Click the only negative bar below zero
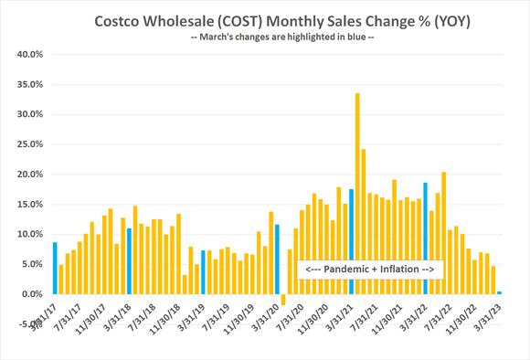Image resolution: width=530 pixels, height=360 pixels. tap(283, 300)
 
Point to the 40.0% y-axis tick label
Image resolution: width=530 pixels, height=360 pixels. tap(31, 54)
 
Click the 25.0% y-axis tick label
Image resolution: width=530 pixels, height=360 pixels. tap(31, 144)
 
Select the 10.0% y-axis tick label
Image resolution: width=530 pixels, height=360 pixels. tap(31, 234)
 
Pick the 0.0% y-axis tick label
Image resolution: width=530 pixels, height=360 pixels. tap(33, 294)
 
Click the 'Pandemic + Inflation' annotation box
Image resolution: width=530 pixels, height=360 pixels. tap(370, 270)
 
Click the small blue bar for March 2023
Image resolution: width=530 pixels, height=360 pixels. tap(499, 293)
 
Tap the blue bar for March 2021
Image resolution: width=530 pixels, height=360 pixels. tap(351, 241)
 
